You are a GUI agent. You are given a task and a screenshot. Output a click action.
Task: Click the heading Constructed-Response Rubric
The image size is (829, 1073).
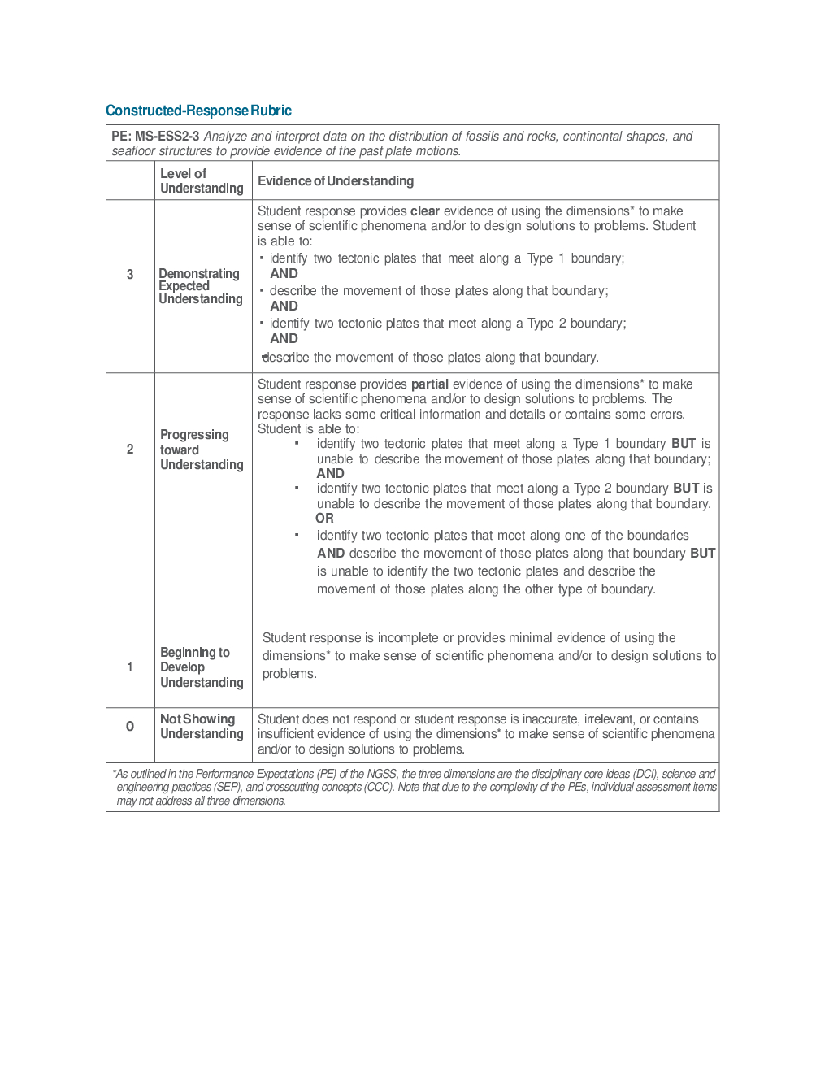(x=198, y=111)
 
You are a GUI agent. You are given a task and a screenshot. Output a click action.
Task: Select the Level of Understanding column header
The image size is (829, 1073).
(x=202, y=180)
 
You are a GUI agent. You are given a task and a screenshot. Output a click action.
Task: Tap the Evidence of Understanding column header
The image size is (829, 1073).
(x=336, y=180)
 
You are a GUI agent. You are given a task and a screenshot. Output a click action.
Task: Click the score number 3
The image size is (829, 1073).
(x=130, y=275)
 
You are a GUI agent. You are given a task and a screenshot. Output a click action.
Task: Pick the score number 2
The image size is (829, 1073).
(x=130, y=450)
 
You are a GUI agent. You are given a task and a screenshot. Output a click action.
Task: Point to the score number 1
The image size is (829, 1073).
(x=130, y=667)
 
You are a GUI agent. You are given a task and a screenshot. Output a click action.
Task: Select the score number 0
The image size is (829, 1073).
(x=130, y=727)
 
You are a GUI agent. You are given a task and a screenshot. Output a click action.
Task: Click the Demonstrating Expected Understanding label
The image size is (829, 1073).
(x=200, y=286)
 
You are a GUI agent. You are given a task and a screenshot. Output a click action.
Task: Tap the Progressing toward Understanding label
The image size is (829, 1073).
(x=202, y=450)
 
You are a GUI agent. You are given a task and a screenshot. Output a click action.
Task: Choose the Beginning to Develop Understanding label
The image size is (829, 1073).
(x=202, y=667)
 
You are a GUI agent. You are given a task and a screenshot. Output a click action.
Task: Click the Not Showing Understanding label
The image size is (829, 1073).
(x=202, y=727)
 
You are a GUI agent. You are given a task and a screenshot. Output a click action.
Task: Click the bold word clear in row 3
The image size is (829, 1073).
(x=424, y=211)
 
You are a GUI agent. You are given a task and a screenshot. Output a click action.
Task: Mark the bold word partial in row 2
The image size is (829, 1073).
(x=429, y=384)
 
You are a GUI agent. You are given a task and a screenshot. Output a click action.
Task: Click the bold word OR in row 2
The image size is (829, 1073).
(x=324, y=519)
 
